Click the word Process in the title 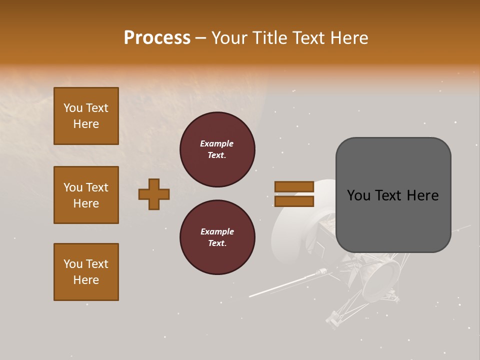[x=157, y=38]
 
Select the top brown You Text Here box [x=86, y=116]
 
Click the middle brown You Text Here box [x=86, y=195]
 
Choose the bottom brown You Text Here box [x=86, y=272]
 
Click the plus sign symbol [x=154, y=194]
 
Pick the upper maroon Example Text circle [x=217, y=149]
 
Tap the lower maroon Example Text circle [x=217, y=237]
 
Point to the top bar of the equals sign [x=294, y=186]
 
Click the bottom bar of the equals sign [x=294, y=201]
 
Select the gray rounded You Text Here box [x=393, y=195]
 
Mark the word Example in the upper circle [x=217, y=143]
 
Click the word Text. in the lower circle [x=217, y=243]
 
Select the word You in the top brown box [x=73, y=108]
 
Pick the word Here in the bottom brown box [x=86, y=280]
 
